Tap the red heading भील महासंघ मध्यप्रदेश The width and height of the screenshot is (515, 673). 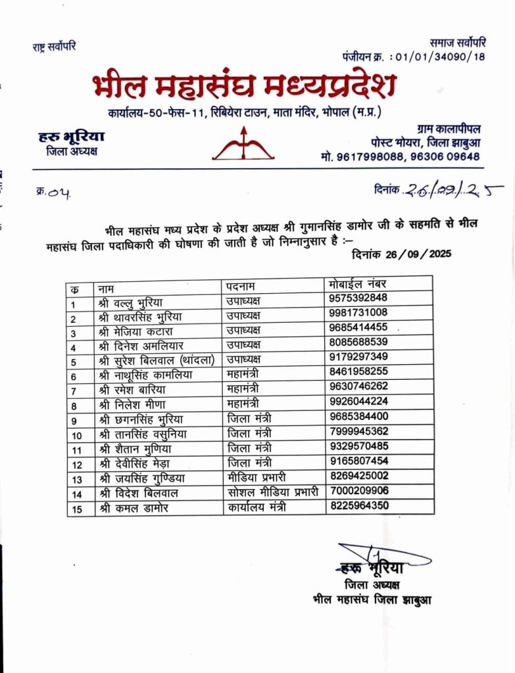(244, 86)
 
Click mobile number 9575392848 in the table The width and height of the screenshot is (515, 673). (358, 298)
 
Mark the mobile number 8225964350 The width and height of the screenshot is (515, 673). (358, 506)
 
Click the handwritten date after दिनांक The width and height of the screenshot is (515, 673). (454, 190)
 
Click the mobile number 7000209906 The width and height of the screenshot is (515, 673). (358, 490)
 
